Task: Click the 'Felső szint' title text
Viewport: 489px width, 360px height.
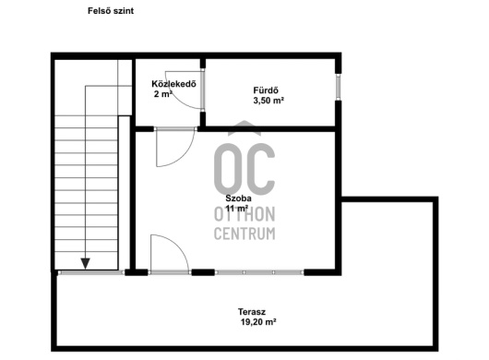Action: (x=111, y=11)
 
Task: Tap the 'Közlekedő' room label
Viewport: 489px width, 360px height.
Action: (x=173, y=84)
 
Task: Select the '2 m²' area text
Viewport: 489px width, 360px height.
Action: (x=163, y=93)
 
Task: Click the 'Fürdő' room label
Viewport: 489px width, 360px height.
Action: (x=266, y=90)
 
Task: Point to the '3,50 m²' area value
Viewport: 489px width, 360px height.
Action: (x=268, y=101)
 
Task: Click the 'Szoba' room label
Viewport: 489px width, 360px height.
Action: (x=239, y=198)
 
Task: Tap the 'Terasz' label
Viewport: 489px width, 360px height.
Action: (x=252, y=312)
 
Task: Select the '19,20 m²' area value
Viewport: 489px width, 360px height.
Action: (x=258, y=321)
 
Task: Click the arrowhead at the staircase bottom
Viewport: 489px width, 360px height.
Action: (x=86, y=264)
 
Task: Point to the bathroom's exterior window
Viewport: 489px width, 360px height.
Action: (x=338, y=87)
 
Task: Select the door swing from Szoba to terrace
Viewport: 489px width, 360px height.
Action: (x=178, y=246)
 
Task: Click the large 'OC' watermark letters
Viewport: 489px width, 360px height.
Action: (x=244, y=169)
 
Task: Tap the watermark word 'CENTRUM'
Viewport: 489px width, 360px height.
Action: (x=244, y=234)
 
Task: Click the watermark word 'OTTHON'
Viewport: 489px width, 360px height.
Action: (x=244, y=214)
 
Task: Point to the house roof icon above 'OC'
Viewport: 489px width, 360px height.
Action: (x=244, y=128)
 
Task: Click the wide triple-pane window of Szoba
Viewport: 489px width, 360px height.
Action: (x=259, y=272)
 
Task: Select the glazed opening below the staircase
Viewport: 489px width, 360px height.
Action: (x=91, y=272)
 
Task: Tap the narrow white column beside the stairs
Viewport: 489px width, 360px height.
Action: (x=125, y=193)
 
